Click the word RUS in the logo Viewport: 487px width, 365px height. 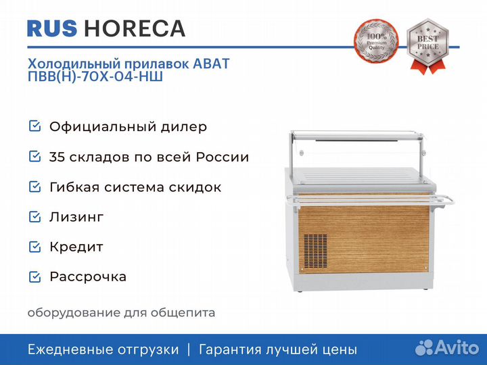coord(52,28)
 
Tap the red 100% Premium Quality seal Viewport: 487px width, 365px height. coord(373,42)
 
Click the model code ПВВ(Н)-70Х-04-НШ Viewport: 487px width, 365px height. coord(95,77)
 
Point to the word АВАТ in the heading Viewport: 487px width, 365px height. coord(212,64)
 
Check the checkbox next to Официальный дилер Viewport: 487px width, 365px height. coord(34,126)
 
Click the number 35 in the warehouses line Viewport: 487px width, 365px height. coord(57,157)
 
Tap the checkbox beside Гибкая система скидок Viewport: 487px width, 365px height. coord(34,187)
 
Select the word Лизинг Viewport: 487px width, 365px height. coord(76,217)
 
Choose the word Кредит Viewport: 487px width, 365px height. coord(76,247)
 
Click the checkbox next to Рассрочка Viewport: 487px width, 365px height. coord(34,276)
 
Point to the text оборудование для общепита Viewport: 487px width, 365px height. coord(122,313)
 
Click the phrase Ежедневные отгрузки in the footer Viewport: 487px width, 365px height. coord(103,349)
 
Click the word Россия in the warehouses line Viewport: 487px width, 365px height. coord(223,157)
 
